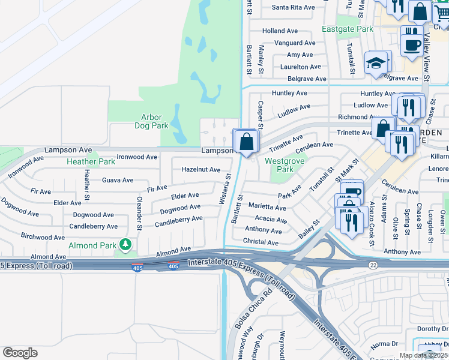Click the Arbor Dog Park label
(x=151, y=122)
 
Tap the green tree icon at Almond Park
(x=125, y=245)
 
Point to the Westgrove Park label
(x=285, y=166)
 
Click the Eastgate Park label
(x=347, y=29)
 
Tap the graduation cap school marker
(x=376, y=63)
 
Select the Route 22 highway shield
(x=373, y=265)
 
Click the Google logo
(x=20, y=352)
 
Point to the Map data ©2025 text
(x=423, y=355)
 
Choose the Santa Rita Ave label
(x=293, y=8)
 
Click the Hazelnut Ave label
(x=202, y=170)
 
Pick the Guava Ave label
(x=118, y=180)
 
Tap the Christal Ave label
(x=261, y=242)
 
